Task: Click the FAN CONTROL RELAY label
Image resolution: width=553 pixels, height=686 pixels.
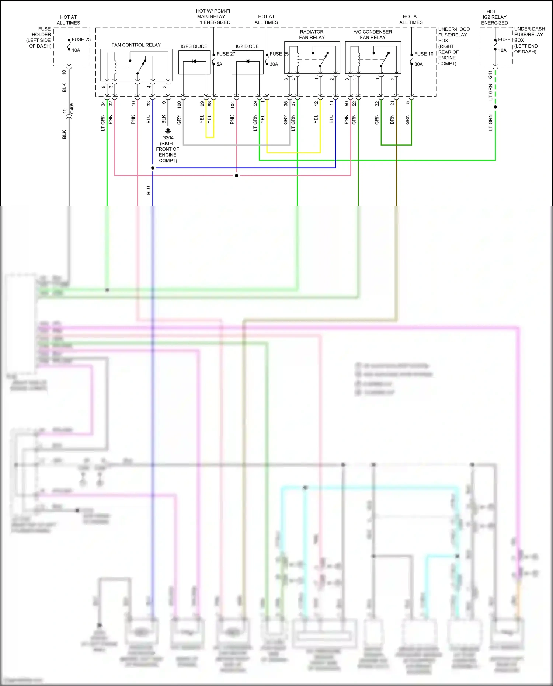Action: [136, 45]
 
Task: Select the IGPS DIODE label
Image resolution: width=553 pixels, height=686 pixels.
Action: [194, 46]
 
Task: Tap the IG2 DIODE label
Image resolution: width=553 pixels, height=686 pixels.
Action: [247, 46]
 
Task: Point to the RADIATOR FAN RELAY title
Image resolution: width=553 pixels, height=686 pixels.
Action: [312, 35]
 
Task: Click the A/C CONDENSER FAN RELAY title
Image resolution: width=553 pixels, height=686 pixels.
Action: [372, 35]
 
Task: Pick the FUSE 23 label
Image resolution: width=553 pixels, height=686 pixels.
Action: [81, 39]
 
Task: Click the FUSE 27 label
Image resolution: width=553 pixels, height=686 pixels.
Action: [226, 54]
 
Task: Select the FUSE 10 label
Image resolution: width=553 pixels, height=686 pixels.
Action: [424, 54]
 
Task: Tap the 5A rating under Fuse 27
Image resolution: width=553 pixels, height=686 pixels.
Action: [219, 64]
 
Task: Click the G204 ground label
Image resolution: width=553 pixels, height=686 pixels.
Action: [168, 138]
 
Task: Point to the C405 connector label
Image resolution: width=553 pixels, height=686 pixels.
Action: [72, 108]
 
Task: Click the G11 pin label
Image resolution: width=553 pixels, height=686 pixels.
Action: [490, 74]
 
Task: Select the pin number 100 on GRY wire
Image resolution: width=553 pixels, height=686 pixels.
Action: [180, 104]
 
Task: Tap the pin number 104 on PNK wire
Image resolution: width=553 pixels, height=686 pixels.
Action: [233, 104]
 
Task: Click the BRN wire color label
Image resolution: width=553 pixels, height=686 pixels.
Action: [392, 119]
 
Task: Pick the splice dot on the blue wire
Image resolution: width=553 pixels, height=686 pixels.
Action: [153, 168]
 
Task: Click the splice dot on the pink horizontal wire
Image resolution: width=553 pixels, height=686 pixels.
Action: [236, 175]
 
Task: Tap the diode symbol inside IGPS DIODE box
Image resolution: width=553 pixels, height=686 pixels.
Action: [194, 62]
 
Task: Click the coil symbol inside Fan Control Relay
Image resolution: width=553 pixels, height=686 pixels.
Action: [115, 66]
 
